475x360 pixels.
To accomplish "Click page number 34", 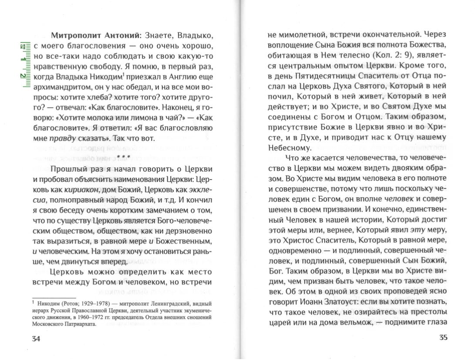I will [x=36, y=339].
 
